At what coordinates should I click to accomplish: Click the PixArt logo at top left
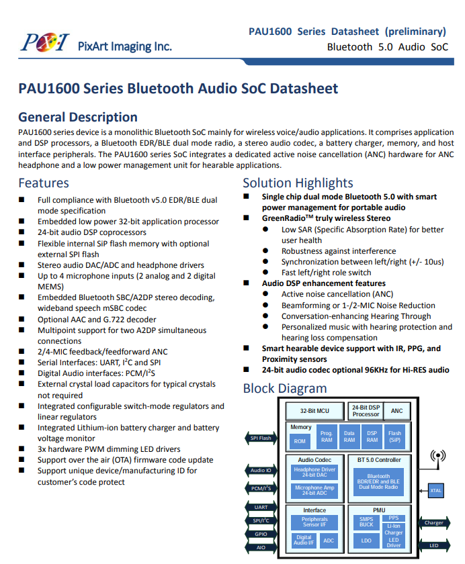pos(45,43)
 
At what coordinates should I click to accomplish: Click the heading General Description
pos(78,117)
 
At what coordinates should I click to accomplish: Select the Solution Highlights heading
pos(298,183)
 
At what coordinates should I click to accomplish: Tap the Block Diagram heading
pos(284,388)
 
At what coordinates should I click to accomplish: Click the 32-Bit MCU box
pos(314,410)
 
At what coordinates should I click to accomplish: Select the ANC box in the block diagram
pos(396,410)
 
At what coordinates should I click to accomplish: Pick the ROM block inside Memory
pos(300,441)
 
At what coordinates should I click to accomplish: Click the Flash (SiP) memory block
pos(394,437)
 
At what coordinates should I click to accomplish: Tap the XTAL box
pos(436,490)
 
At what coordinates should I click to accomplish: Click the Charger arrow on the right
pos(433,522)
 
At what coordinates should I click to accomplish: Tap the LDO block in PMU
pos(366,540)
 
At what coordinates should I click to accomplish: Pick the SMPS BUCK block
pos(366,521)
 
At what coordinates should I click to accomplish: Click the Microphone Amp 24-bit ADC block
pos(314,490)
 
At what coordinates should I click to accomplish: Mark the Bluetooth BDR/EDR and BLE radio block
pos(378,481)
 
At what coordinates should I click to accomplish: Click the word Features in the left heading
pos(44,183)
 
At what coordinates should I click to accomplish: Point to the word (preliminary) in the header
pos(415,31)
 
